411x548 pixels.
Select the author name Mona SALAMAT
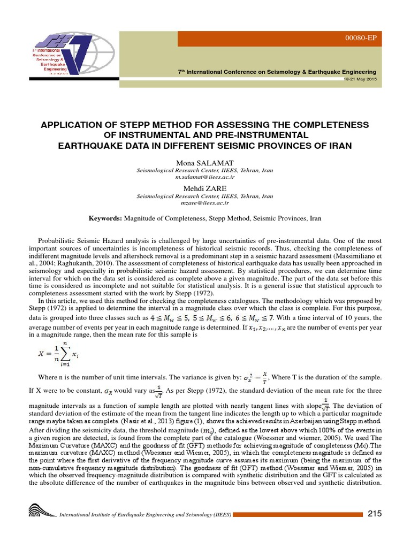coord(205,162)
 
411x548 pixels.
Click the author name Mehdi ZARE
coord(205,188)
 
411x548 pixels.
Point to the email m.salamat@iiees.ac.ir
coord(205,176)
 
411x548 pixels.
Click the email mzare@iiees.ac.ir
coord(205,203)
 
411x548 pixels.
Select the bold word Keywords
coord(105,218)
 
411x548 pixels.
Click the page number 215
coord(375,514)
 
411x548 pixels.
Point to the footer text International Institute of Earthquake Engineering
coord(144,515)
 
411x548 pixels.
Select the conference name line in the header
coord(277,72)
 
